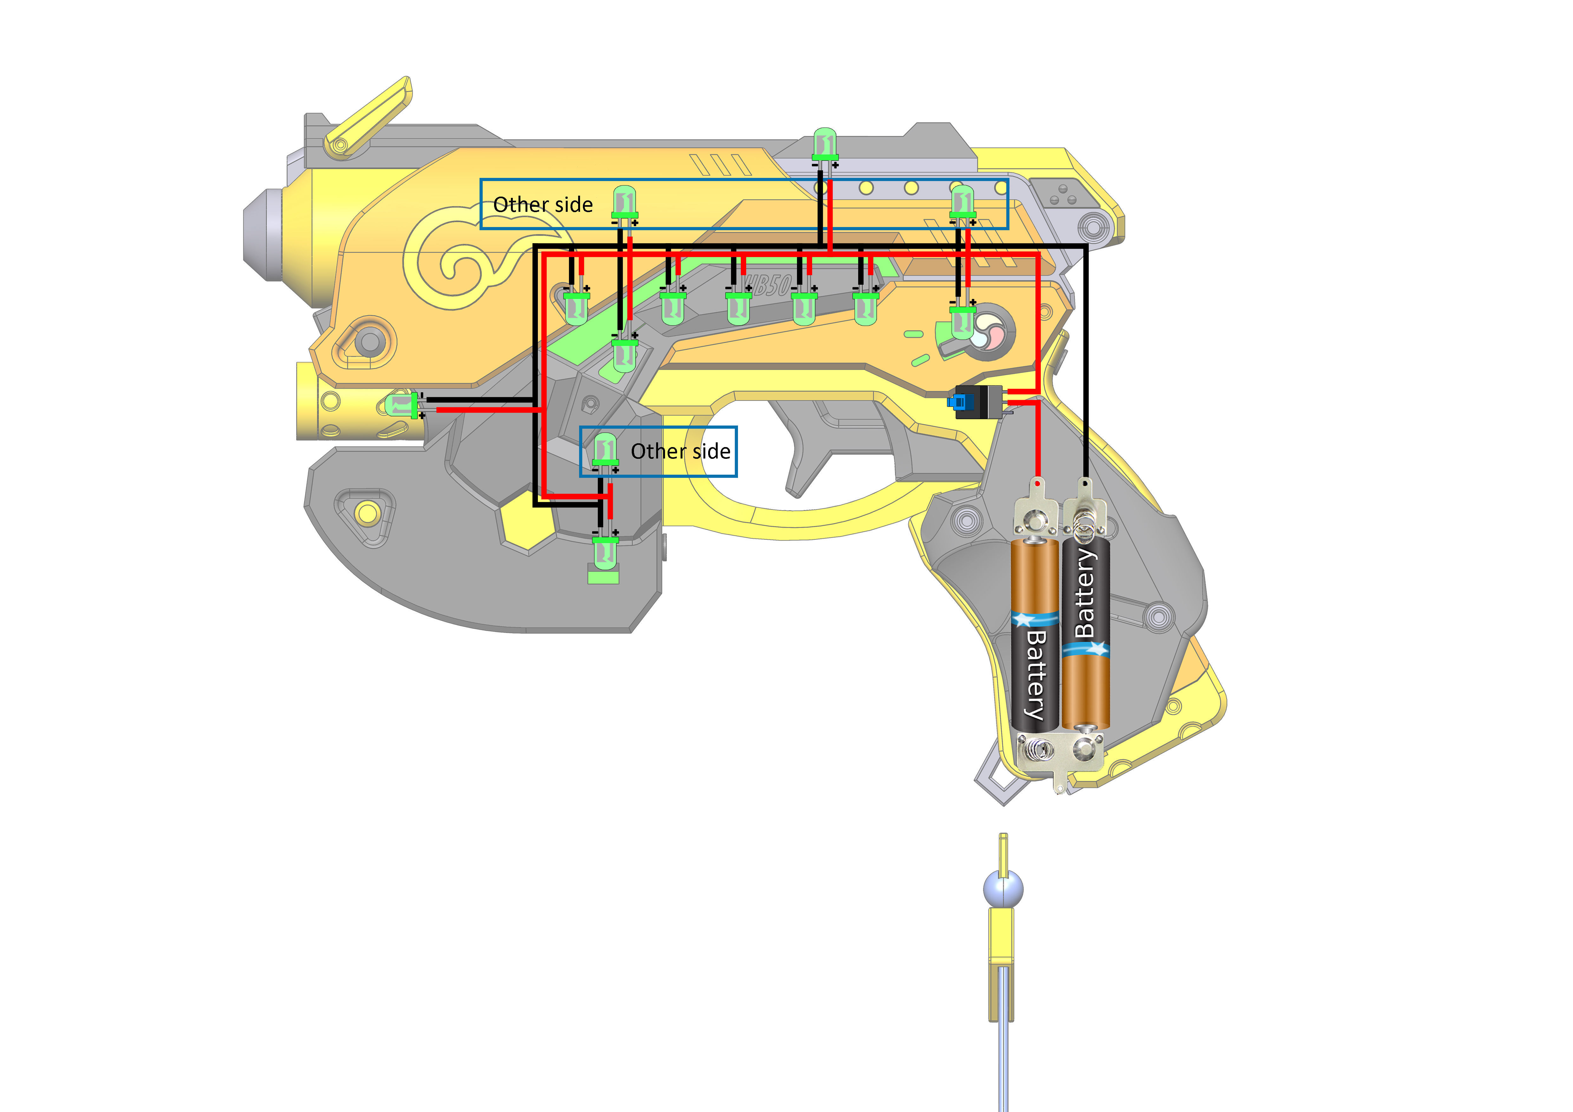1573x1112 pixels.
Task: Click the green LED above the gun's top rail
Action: pyautogui.click(x=824, y=145)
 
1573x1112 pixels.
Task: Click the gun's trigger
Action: pyautogui.click(x=802, y=452)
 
